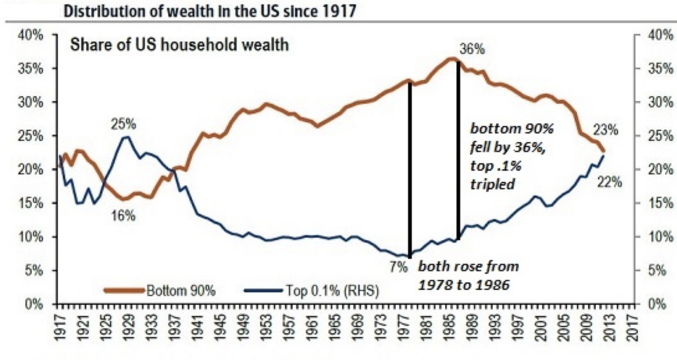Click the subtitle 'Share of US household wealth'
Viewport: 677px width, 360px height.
[179, 45]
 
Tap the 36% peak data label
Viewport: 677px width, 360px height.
[473, 49]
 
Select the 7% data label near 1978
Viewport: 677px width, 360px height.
[398, 269]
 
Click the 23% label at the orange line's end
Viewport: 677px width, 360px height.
[606, 130]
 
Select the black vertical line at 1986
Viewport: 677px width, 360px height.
[458, 149]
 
